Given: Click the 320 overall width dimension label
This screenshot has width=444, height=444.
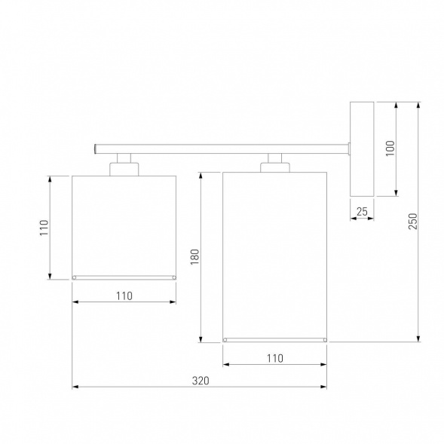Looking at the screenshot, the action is point(201,381).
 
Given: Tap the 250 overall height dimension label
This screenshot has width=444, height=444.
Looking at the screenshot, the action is point(413,221).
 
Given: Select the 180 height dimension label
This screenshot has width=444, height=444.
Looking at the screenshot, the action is point(194,257).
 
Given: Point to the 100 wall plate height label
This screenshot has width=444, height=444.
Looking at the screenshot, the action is point(390,148).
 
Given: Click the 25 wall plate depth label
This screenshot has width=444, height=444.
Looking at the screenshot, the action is point(362,212).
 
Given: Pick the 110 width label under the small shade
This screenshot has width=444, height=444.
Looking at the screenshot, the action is point(124,296).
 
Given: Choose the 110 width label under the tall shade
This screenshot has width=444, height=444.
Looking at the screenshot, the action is point(275,358).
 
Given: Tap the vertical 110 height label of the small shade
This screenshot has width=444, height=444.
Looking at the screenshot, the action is point(44,228).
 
